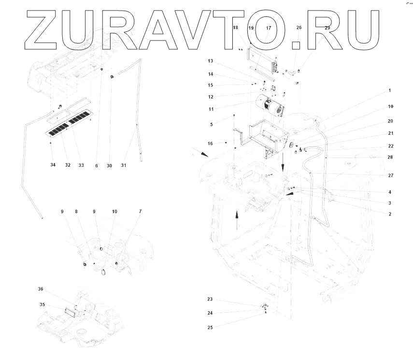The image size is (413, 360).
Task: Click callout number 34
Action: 53,165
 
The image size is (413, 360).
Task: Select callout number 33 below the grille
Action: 81,165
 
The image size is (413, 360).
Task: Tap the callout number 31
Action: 124,165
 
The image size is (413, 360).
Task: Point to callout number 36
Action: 41,289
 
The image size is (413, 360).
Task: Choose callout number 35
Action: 42,304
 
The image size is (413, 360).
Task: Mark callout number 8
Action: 76,212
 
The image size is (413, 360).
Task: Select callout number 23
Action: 210,299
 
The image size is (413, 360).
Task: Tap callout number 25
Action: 210,327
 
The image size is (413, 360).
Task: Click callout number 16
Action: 210,144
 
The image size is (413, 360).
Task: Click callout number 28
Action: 390,158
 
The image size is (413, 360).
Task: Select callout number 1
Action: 390,90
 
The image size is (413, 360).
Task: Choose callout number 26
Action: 299,28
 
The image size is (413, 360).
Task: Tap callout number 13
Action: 210,61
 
